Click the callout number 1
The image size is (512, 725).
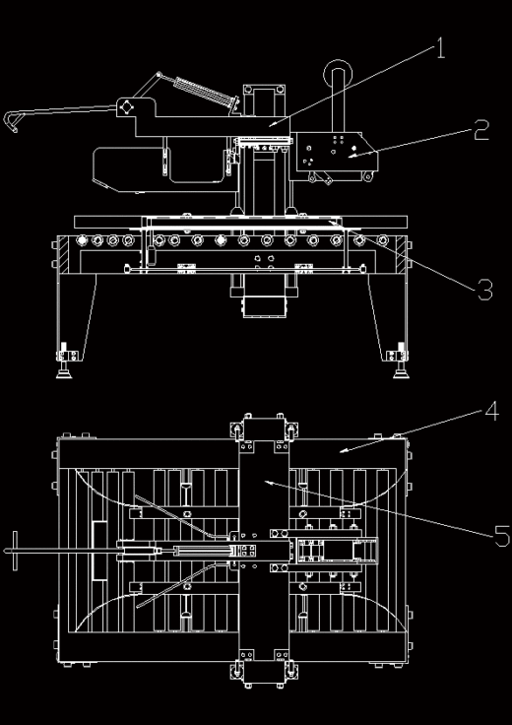click(x=441, y=48)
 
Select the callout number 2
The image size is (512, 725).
click(x=481, y=130)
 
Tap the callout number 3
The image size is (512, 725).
click(x=484, y=291)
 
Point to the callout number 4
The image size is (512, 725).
click(x=491, y=411)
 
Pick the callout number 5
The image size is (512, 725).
click(x=502, y=536)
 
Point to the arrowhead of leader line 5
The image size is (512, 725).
click(x=267, y=483)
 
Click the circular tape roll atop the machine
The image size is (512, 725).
click(x=339, y=73)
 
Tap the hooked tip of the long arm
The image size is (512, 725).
click(x=10, y=121)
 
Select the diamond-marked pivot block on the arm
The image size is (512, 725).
click(x=125, y=107)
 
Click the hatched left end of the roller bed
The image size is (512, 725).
click(x=63, y=255)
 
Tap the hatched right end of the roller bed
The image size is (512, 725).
click(x=401, y=255)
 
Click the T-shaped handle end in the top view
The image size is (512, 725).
click(x=15, y=551)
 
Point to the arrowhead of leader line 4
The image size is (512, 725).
click(x=343, y=450)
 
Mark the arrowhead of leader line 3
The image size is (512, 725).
click(x=332, y=223)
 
